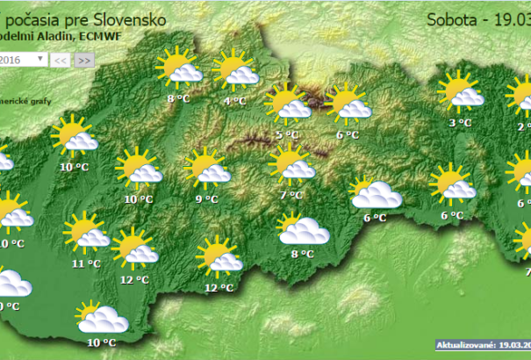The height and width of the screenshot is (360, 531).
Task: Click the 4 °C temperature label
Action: click(x=234, y=101)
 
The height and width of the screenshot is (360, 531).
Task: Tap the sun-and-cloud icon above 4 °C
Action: click(x=235, y=70)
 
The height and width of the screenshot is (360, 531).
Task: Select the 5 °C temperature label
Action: click(x=287, y=134)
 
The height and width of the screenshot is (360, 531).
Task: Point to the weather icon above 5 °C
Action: click(x=287, y=103)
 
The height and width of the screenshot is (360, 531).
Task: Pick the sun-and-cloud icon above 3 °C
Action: click(x=460, y=91)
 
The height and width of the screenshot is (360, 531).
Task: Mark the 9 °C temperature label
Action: click(x=205, y=199)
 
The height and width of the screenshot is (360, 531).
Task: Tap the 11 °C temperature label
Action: click(x=86, y=263)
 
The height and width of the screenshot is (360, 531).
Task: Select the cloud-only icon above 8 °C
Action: click(x=303, y=230)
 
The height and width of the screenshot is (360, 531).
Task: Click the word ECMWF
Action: click(x=102, y=36)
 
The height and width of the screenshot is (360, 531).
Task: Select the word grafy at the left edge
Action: click(x=40, y=101)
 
